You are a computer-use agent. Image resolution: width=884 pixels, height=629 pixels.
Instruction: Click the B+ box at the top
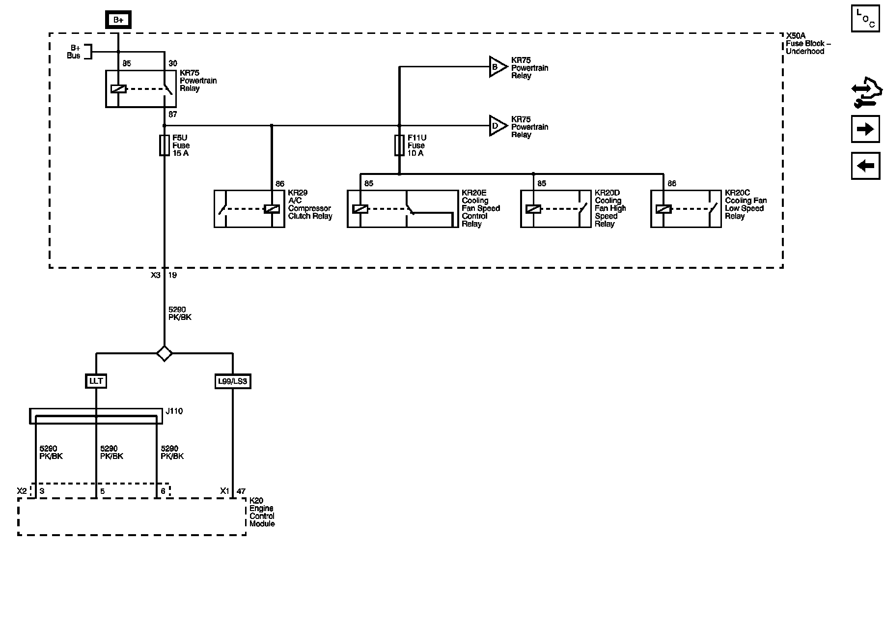tap(118, 20)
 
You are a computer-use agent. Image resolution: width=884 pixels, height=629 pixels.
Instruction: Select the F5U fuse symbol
tap(165, 145)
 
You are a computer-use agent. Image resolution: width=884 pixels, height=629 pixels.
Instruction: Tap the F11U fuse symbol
tap(399, 145)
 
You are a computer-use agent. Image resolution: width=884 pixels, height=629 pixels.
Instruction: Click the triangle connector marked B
tap(497, 67)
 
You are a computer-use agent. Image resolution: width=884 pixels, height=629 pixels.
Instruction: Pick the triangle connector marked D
tap(497, 126)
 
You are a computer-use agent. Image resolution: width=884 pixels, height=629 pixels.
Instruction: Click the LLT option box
tap(96, 381)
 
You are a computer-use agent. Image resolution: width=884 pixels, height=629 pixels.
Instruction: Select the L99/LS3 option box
tap(233, 381)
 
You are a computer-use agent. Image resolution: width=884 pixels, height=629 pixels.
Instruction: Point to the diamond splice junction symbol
tap(164, 353)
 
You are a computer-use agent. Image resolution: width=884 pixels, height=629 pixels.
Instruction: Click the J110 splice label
tap(174, 411)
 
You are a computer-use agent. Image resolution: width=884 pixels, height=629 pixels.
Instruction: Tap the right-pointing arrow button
tap(865, 129)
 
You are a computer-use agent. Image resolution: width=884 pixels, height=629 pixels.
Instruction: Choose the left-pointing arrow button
tap(865, 166)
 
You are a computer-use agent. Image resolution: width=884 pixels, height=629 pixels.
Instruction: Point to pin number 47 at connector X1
tap(241, 491)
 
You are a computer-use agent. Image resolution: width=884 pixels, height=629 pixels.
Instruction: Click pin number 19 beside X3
tap(172, 275)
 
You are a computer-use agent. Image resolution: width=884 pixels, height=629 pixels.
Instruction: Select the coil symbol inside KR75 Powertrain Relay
tap(118, 89)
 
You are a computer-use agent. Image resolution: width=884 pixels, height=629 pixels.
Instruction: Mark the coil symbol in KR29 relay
tap(272, 209)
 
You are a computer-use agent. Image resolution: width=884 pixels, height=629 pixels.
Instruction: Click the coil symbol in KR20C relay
tap(663, 209)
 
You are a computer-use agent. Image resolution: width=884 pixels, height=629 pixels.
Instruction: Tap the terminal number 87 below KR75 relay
tap(172, 114)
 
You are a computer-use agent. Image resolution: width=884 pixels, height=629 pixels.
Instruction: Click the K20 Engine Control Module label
tap(262, 513)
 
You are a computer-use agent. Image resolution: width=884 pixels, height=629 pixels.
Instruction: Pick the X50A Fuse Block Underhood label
tap(808, 44)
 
